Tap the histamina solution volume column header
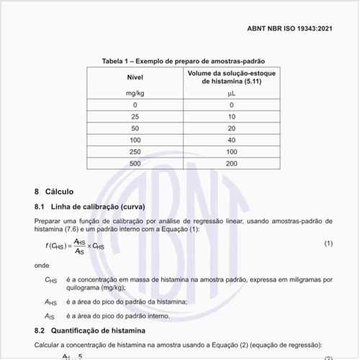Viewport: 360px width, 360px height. [x=231, y=77]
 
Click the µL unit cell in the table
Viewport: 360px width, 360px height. [x=231, y=94]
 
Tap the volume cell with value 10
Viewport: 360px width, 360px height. [x=231, y=116]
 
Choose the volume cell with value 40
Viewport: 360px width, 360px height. [x=231, y=140]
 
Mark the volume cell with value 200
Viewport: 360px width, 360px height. [x=231, y=164]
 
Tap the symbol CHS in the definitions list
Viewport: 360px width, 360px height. [x=50, y=279]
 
